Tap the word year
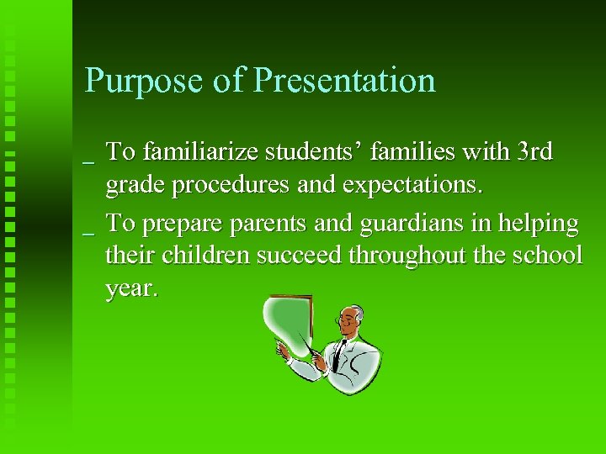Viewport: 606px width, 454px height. [x=130, y=290]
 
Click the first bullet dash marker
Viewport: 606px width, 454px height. [x=89, y=161]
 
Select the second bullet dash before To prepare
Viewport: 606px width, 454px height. [x=89, y=233]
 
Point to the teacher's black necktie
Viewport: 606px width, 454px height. [x=338, y=356]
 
